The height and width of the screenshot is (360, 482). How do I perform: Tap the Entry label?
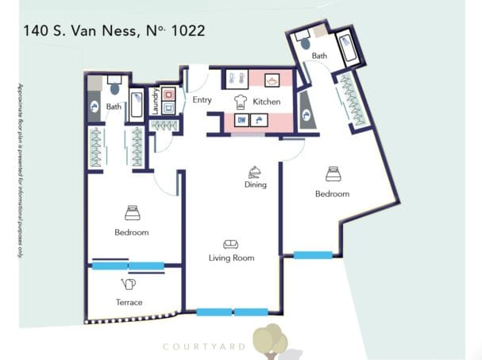(x=202, y=100)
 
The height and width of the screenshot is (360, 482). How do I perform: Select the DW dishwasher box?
(x=241, y=121)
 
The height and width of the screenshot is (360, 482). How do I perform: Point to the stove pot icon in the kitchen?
(x=272, y=80)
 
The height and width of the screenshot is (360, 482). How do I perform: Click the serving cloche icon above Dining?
(x=255, y=170)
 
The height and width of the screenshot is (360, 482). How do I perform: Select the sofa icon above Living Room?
(x=230, y=244)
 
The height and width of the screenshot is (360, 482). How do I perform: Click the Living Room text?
(x=231, y=257)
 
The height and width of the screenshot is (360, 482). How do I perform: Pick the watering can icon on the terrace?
(x=129, y=284)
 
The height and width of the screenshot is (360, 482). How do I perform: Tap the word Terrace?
(x=129, y=302)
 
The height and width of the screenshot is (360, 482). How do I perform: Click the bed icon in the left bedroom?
(x=132, y=213)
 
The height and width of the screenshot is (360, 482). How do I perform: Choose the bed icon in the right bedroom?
(x=332, y=174)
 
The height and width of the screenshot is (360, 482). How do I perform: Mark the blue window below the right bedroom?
(x=313, y=254)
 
